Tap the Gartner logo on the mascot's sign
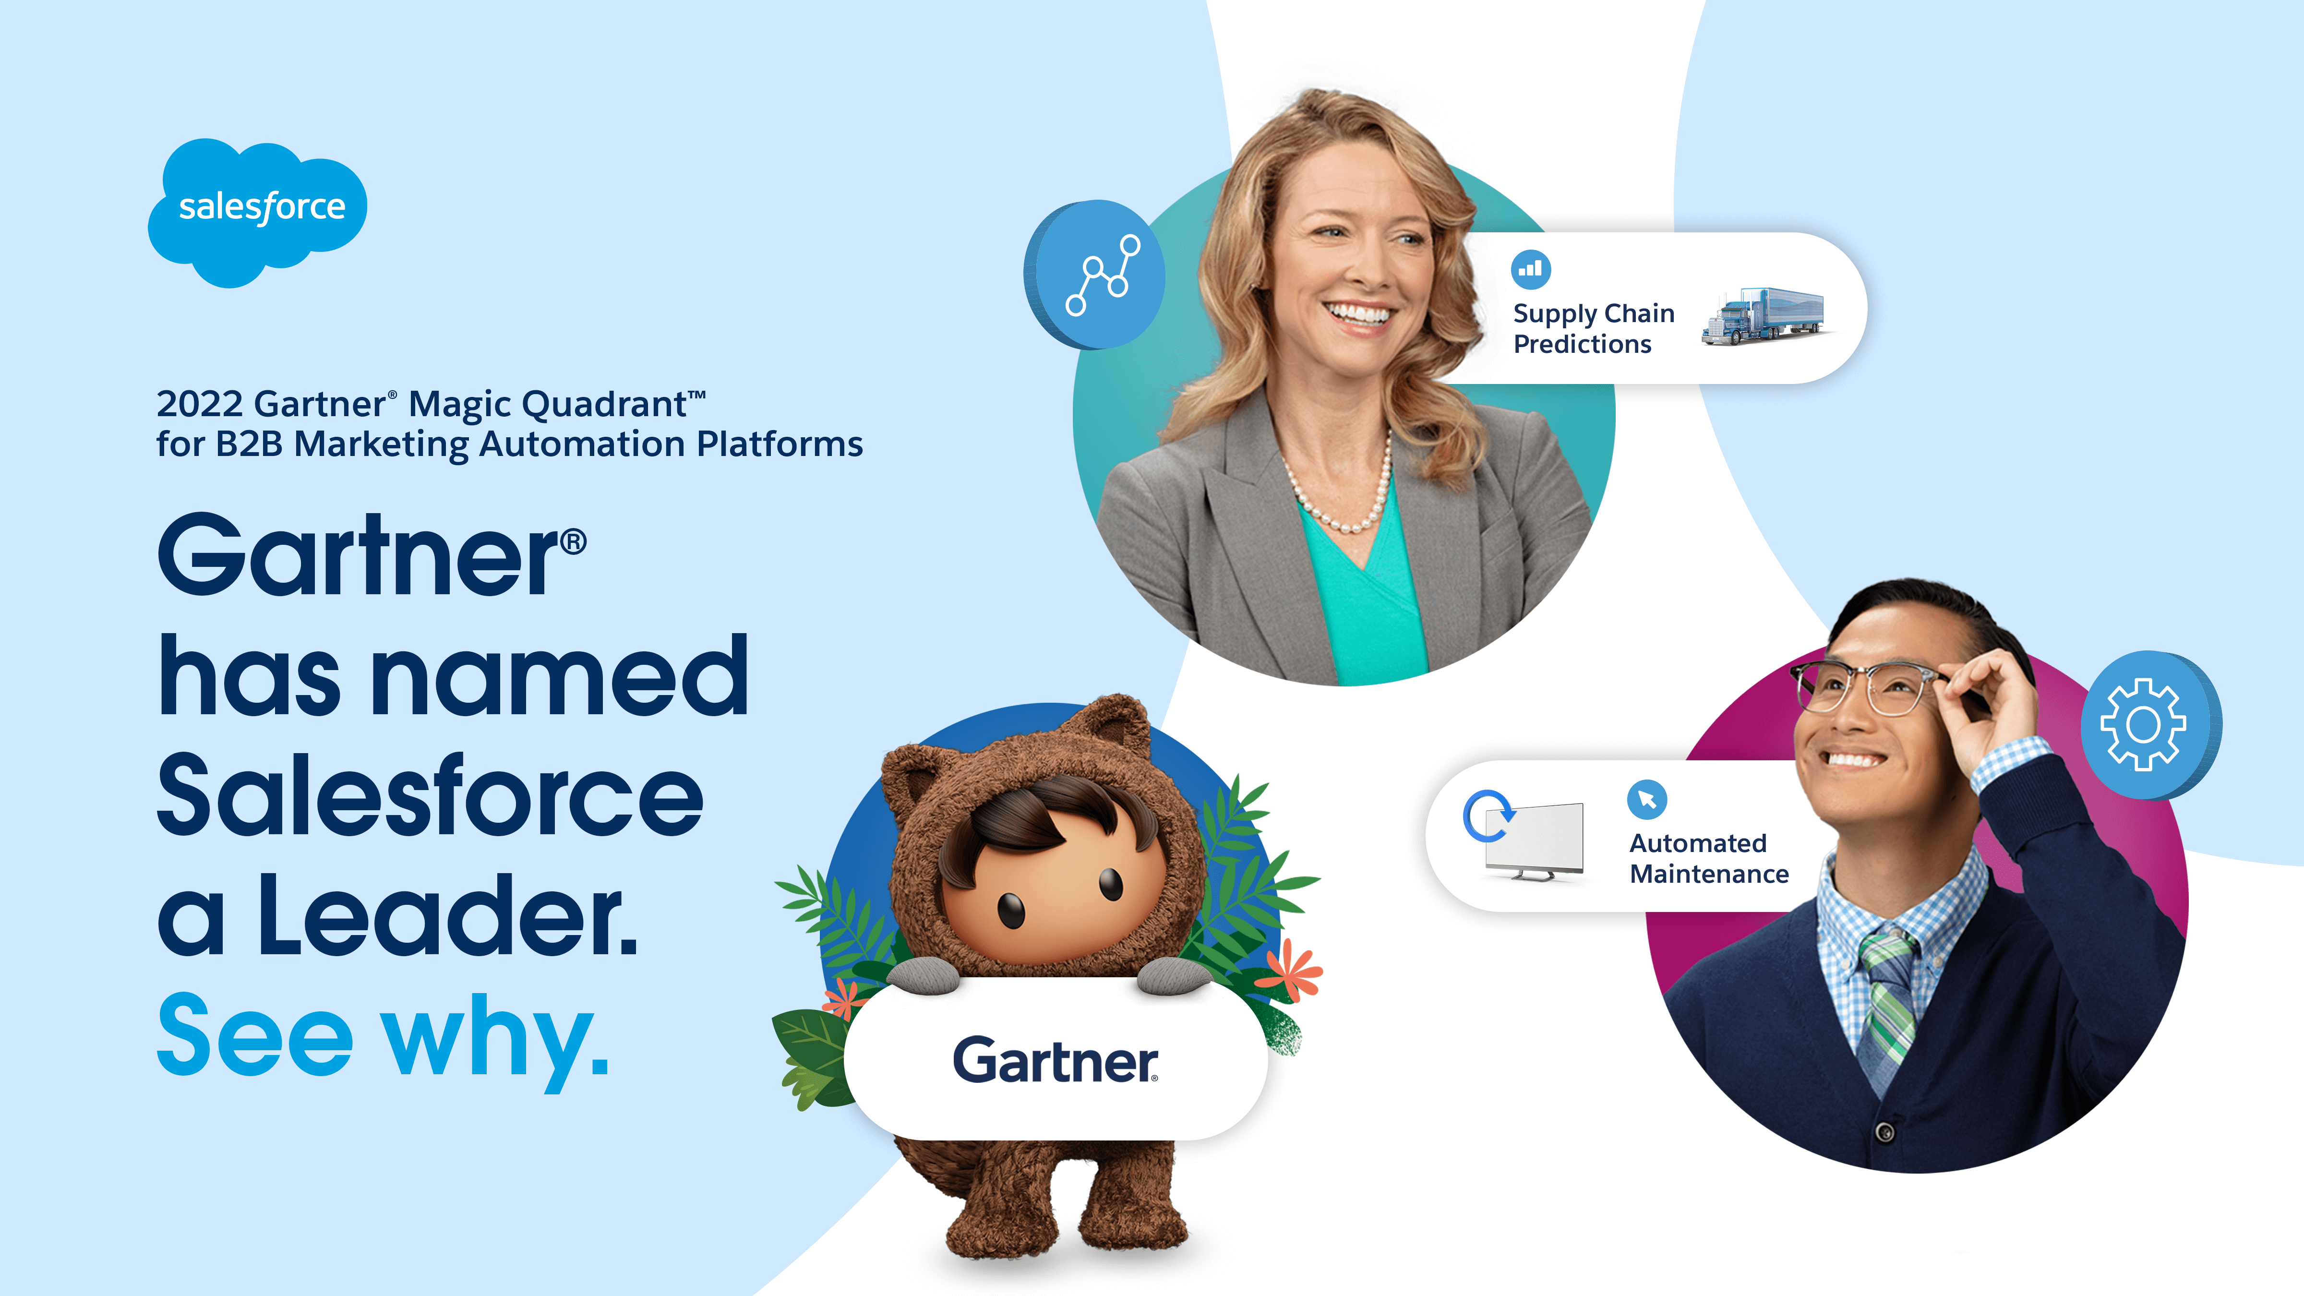tap(1056, 1061)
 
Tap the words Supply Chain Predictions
tap(1593, 328)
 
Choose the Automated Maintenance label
tap(1708, 858)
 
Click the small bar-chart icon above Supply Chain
tap(1530, 268)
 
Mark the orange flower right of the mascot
tap(1291, 971)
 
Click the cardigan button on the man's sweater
tap(1884, 1132)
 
